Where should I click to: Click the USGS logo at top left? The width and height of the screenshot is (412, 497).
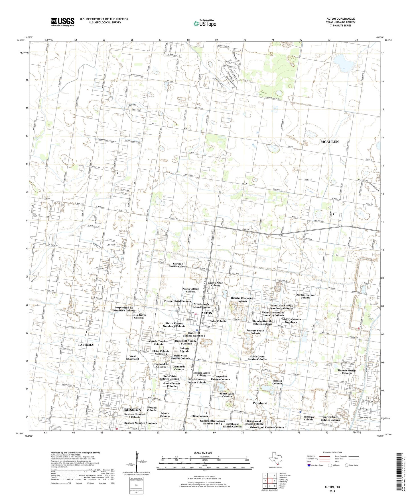[x=62, y=22]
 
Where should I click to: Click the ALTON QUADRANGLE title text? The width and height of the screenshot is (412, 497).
[x=340, y=19]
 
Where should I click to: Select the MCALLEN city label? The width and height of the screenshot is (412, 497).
[x=329, y=142]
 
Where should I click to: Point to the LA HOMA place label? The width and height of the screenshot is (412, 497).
[x=86, y=345]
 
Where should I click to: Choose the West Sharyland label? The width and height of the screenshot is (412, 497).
[x=132, y=358]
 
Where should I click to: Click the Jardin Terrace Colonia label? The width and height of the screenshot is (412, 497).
[x=305, y=296]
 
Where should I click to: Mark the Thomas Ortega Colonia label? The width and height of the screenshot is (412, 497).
[x=347, y=372]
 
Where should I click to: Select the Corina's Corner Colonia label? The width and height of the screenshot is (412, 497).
[x=178, y=265]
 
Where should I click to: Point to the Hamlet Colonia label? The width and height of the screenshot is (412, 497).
[x=277, y=382]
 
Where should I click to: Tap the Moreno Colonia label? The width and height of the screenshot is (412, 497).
[x=152, y=409]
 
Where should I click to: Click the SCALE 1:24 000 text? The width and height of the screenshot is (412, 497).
[x=203, y=453]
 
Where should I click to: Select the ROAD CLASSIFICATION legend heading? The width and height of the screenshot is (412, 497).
[x=330, y=452]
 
